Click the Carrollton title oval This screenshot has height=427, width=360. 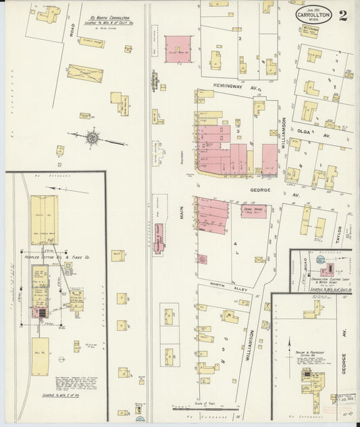pyautogui.click(x=313, y=16)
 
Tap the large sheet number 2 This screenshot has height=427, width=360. pyautogui.click(x=344, y=15)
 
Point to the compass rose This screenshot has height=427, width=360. pyautogui.click(x=92, y=138)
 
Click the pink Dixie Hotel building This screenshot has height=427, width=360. pyautogui.click(x=254, y=211)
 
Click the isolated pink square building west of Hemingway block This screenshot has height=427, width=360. pyautogui.click(x=178, y=48)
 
